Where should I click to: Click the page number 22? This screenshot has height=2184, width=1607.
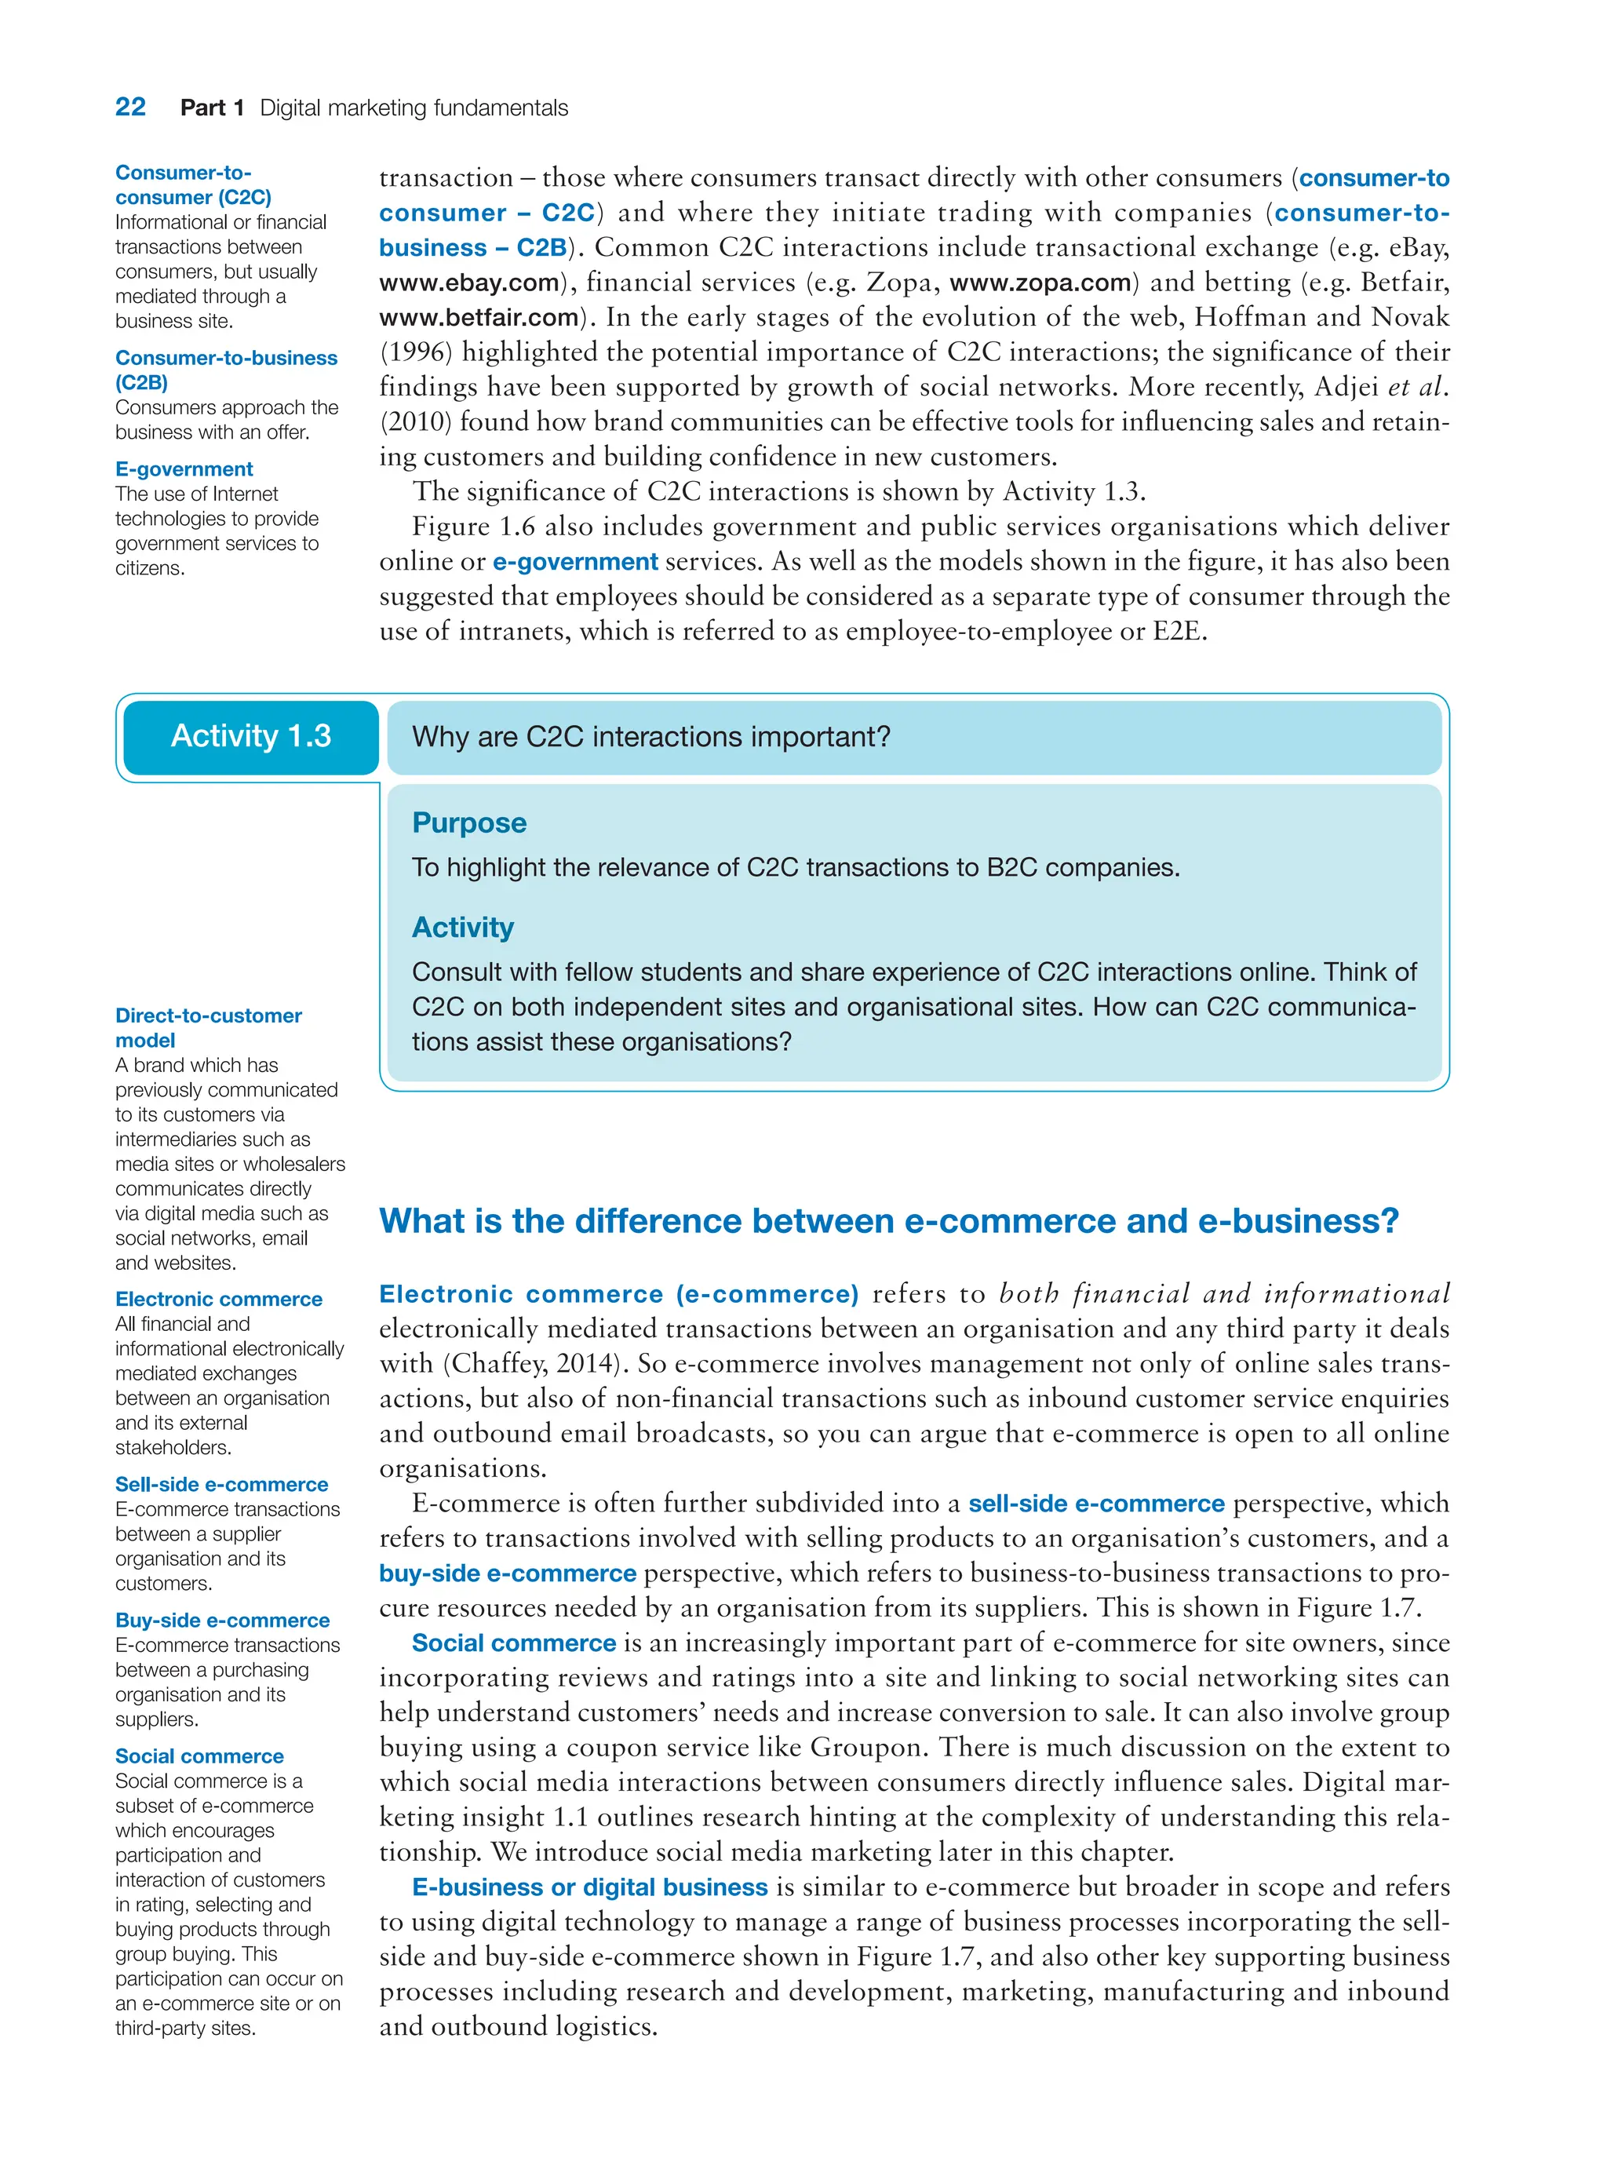130,107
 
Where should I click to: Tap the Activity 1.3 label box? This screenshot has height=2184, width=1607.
251,736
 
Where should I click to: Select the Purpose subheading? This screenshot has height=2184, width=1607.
469,823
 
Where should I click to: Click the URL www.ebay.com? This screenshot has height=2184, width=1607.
469,283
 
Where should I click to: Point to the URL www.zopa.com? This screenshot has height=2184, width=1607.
1040,283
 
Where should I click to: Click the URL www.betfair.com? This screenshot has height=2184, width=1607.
479,318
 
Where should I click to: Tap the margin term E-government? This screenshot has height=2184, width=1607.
184,469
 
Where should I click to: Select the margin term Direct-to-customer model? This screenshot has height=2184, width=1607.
207,1027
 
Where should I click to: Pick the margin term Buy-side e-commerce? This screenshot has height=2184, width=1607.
222,1621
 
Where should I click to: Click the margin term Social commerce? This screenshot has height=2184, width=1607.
199,1757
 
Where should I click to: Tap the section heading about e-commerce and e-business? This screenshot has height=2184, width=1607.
888,1221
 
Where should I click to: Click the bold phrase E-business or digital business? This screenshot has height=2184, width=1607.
589,1888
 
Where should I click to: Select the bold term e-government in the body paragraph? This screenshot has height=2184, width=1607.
575,563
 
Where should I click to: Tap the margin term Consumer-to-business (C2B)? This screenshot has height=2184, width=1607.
226,370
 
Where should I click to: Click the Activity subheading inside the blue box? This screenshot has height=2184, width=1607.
462,928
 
